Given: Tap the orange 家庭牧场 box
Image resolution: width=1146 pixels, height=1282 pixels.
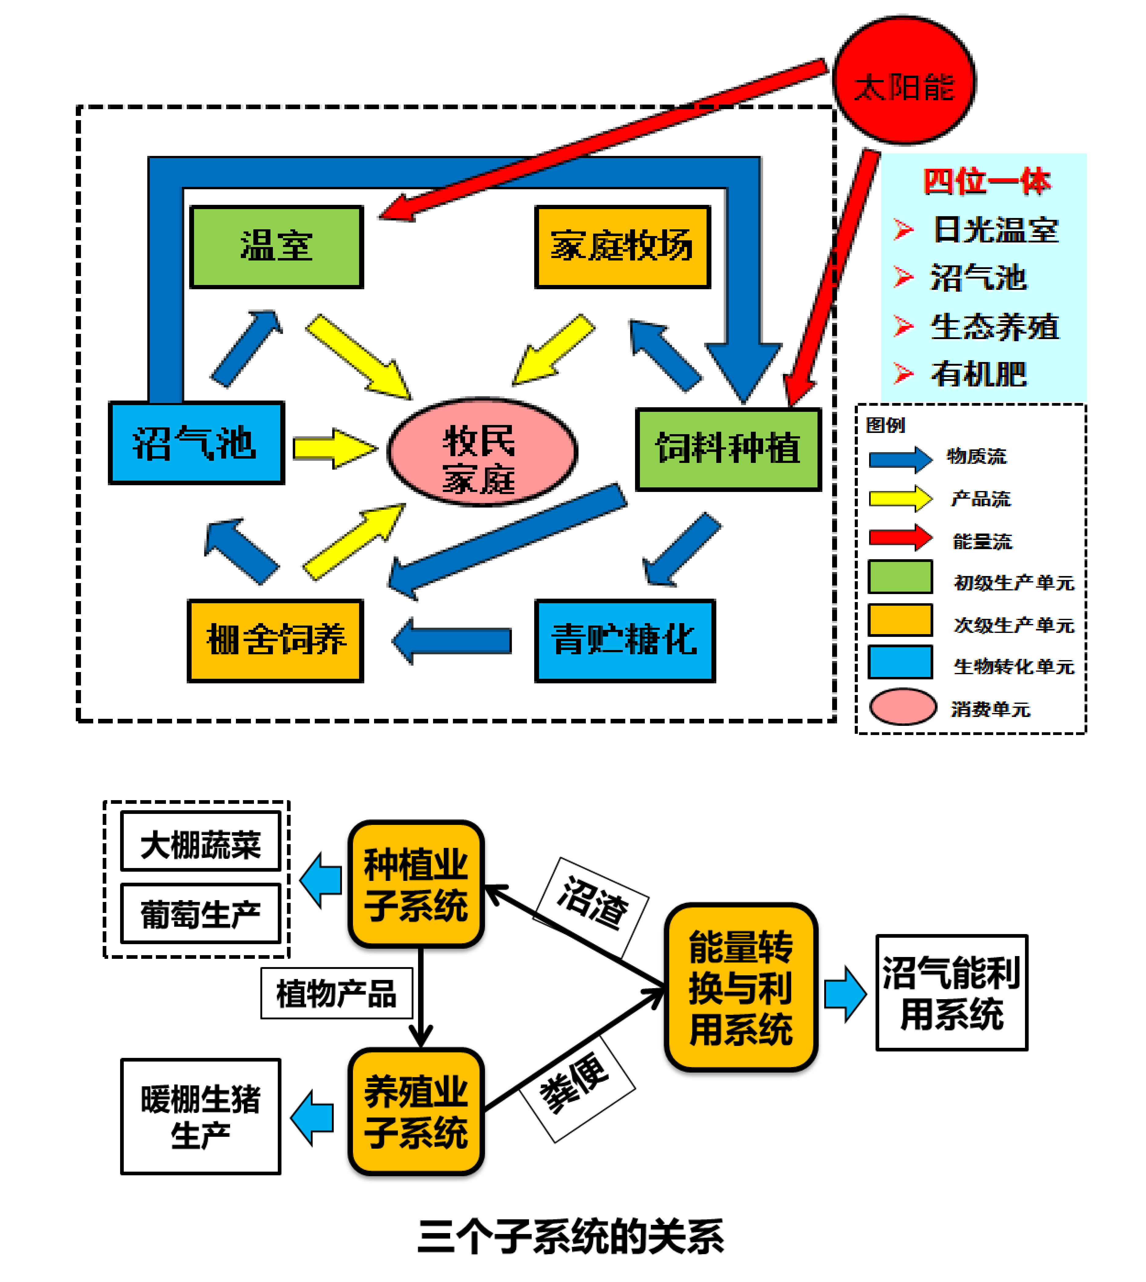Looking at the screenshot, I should pos(622,246).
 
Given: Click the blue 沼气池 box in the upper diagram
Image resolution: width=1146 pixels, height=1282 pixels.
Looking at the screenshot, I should pos(197,443).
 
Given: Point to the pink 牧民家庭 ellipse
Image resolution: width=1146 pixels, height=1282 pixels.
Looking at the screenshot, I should pos(482,451).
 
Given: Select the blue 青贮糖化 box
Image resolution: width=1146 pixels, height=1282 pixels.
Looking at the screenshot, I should pos(625,640).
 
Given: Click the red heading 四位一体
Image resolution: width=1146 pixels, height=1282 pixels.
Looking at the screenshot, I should pos(987,181).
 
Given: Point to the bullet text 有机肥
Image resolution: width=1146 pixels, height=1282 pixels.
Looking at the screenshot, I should pos(979,374).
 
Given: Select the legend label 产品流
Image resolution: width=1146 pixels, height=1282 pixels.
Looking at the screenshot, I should pos(980,499).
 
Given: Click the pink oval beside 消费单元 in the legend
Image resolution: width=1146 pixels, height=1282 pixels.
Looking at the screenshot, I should pos(902,707).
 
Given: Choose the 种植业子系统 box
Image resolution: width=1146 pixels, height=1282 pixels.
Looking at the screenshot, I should pos(416,884).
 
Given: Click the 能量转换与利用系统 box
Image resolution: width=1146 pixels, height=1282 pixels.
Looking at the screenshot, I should pos(741,987).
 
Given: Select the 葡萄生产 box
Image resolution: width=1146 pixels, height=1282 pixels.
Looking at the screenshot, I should pos(200,914).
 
